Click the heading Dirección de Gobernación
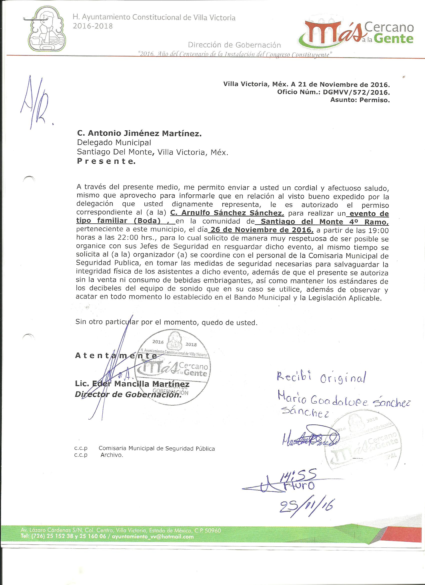[234, 45]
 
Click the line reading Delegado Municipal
[114, 143]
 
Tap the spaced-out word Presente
[106, 161]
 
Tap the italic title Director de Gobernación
[127, 395]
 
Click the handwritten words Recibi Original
[321, 378]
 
